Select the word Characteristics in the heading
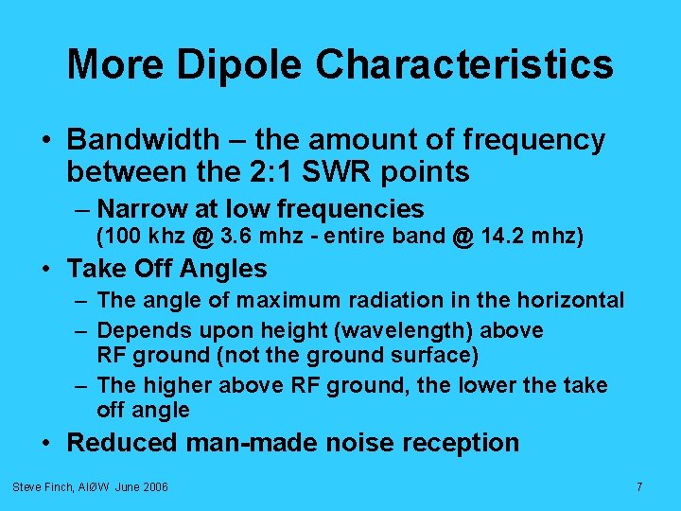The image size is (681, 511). click(464, 65)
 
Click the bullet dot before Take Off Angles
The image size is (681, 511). click(47, 270)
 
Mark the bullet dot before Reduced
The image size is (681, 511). click(47, 444)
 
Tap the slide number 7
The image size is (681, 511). click(639, 486)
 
